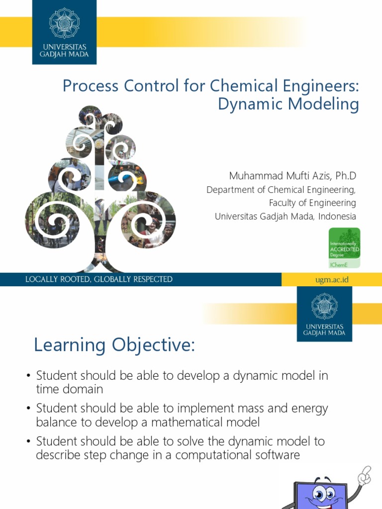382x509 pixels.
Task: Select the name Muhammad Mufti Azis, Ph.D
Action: tap(292, 176)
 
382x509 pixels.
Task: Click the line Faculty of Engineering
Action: tap(312, 203)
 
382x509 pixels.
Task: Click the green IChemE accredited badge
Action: tap(345, 248)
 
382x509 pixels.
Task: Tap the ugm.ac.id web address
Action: tap(332, 280)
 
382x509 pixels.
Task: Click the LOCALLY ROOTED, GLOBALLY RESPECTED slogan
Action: tap(99, 279)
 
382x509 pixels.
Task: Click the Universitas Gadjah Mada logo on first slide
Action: tap(64, 32)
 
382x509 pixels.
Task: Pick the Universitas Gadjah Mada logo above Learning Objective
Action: tap(324, 314)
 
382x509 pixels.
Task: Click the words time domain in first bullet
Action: tap(70, 389)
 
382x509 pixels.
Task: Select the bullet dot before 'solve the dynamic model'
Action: tap(29, 441)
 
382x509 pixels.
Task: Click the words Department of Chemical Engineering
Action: tap(281, 189)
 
